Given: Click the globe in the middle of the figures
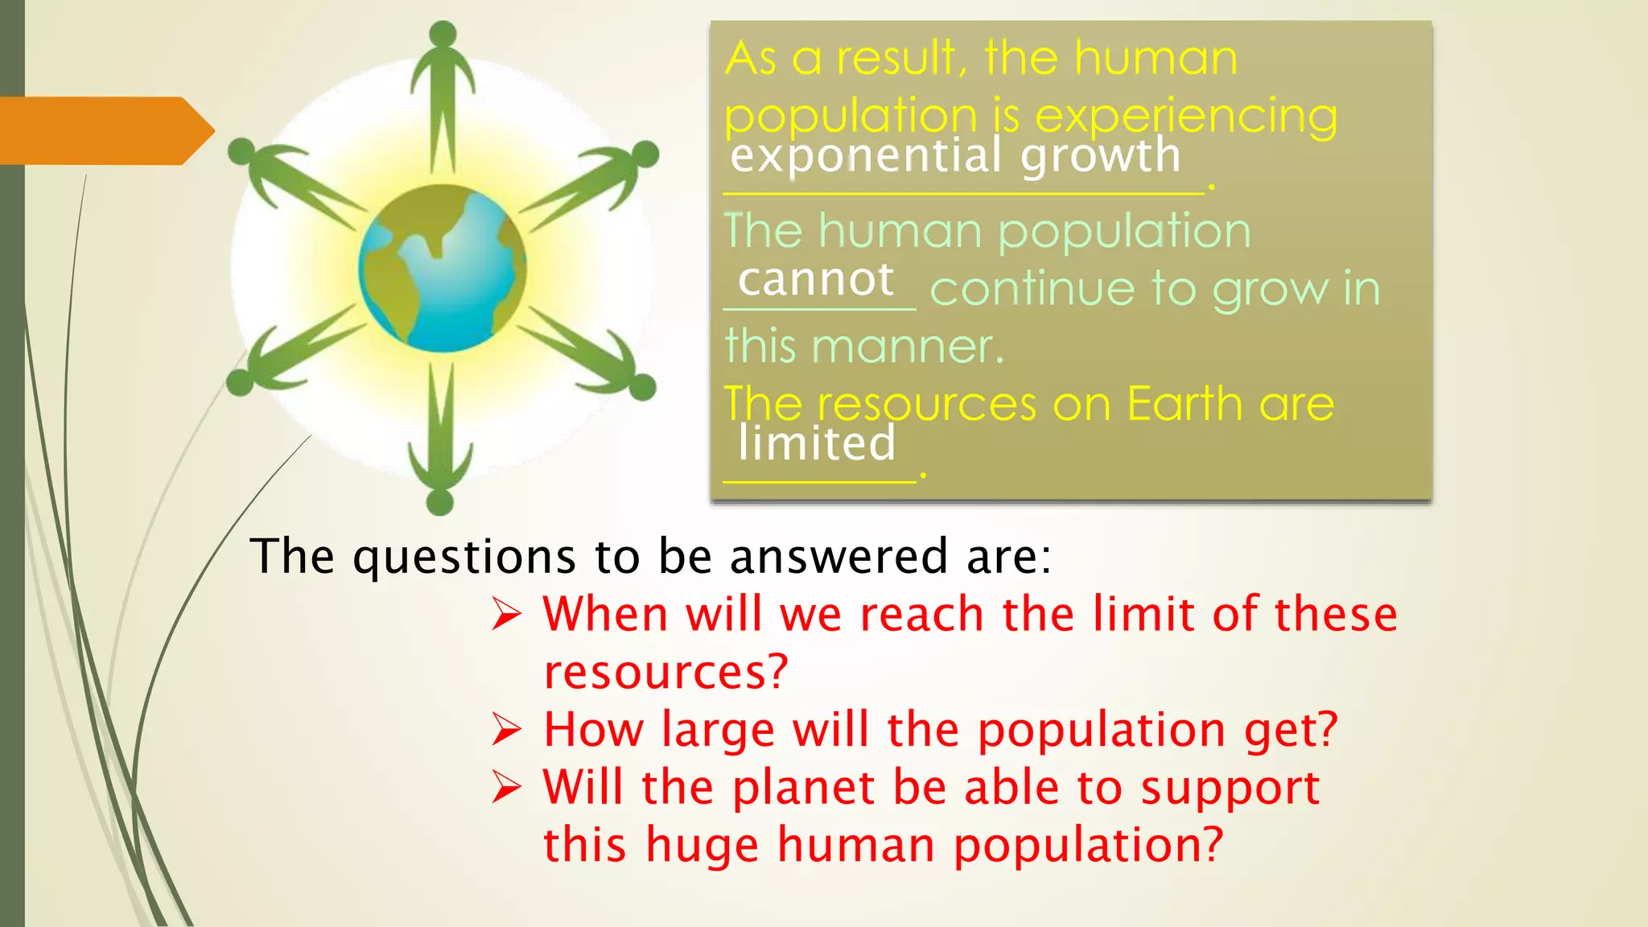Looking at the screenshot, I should coord(442,269).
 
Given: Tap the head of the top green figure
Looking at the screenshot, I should coord(443,34).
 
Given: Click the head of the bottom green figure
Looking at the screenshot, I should coord(439,503).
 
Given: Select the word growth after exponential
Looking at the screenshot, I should coord(1100,155).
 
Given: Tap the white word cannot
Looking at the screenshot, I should coord(815,280).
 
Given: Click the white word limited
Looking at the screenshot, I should coord(816,443).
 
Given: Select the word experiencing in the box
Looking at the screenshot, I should coord(1186,116).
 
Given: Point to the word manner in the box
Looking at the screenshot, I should coord(908,347).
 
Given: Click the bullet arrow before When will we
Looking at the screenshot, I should coord(507,616).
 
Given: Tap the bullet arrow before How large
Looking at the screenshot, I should coord(507,731).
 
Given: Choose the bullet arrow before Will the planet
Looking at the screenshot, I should coord(507,788).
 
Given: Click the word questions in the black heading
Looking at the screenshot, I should coord(464,557).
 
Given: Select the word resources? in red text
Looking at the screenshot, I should coord(665,672).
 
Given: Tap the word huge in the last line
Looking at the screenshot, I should coord(702,845).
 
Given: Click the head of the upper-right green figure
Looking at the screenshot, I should coord(645,154).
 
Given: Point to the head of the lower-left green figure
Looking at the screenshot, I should coord(240,382).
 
